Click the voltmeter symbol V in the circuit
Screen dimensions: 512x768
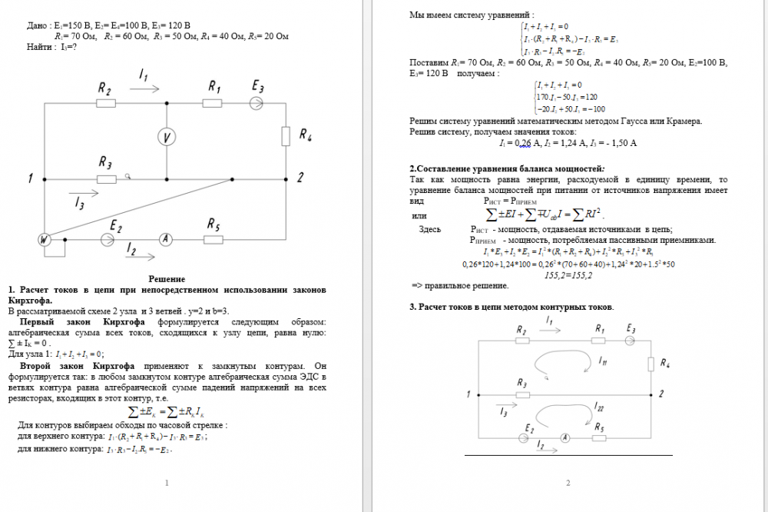(167, 137)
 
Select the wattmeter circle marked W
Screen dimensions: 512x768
(46, 240)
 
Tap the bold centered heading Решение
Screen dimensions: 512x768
(167, 279)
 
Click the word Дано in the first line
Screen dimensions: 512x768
(36, 25)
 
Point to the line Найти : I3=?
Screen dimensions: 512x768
(52, 46)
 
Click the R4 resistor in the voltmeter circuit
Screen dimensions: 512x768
(286, 137)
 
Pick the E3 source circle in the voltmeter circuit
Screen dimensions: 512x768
(257, 104)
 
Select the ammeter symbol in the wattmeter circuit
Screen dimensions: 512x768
(164, 240)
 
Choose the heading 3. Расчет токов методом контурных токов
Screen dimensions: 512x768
(511, 307)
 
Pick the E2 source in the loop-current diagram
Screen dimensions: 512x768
(525, 437)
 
